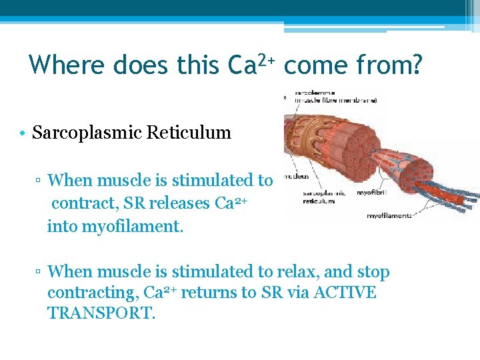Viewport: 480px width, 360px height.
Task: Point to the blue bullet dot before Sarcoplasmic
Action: pos(23,133)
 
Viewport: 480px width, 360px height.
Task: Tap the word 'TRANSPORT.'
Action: pos(101,313)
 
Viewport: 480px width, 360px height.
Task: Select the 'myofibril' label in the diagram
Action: pos(373,193)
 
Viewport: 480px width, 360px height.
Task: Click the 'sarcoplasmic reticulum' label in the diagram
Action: pos(325,197)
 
